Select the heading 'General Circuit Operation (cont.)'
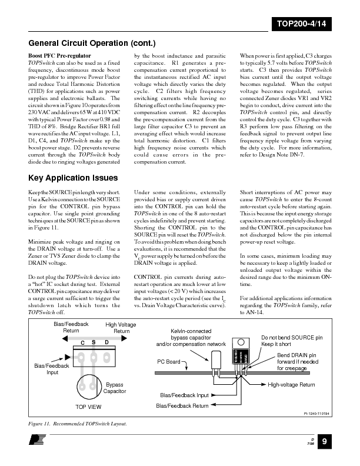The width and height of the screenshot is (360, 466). (92, 43)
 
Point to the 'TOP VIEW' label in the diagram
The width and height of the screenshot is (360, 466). (88, 406)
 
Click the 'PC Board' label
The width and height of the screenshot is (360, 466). (169, 361)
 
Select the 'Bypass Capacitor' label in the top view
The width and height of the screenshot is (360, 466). (115, 387)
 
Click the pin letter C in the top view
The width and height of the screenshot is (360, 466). (82, 342)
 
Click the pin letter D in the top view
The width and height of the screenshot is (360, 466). (106, 342)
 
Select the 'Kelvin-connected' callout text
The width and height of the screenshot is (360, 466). (191, 331)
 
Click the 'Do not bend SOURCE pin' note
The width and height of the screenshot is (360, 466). (292, 338)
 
